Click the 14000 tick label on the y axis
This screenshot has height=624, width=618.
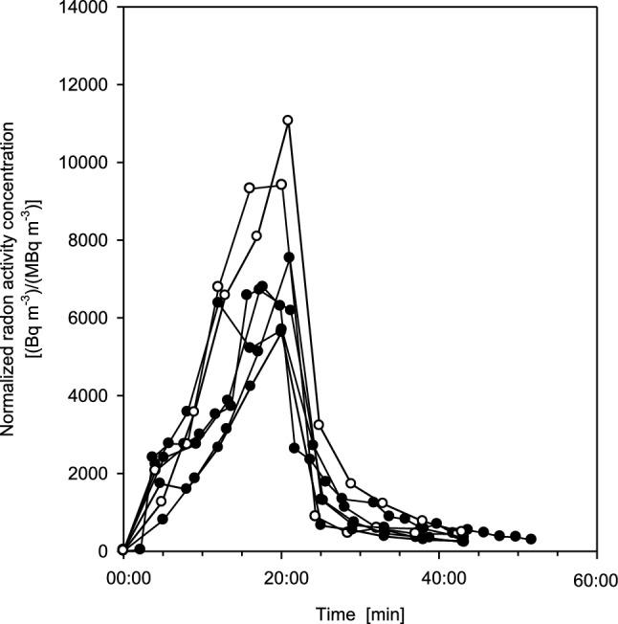point(87,8)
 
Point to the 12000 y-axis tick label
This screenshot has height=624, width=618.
point(87,85)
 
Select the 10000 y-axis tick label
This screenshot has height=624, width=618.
point(87,163)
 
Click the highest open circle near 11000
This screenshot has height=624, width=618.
point(288,121)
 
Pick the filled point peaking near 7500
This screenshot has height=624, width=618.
point(289,257)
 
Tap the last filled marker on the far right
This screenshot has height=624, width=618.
point(531,539)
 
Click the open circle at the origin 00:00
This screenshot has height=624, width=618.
point(122,549)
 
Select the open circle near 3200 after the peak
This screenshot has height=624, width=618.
point(320,424)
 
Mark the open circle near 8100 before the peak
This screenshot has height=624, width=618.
point(256,235)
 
